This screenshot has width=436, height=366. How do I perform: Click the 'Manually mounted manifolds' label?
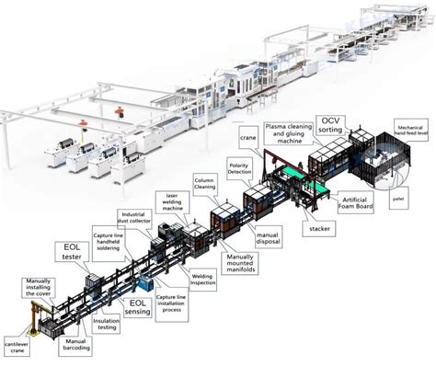point(242,264)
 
